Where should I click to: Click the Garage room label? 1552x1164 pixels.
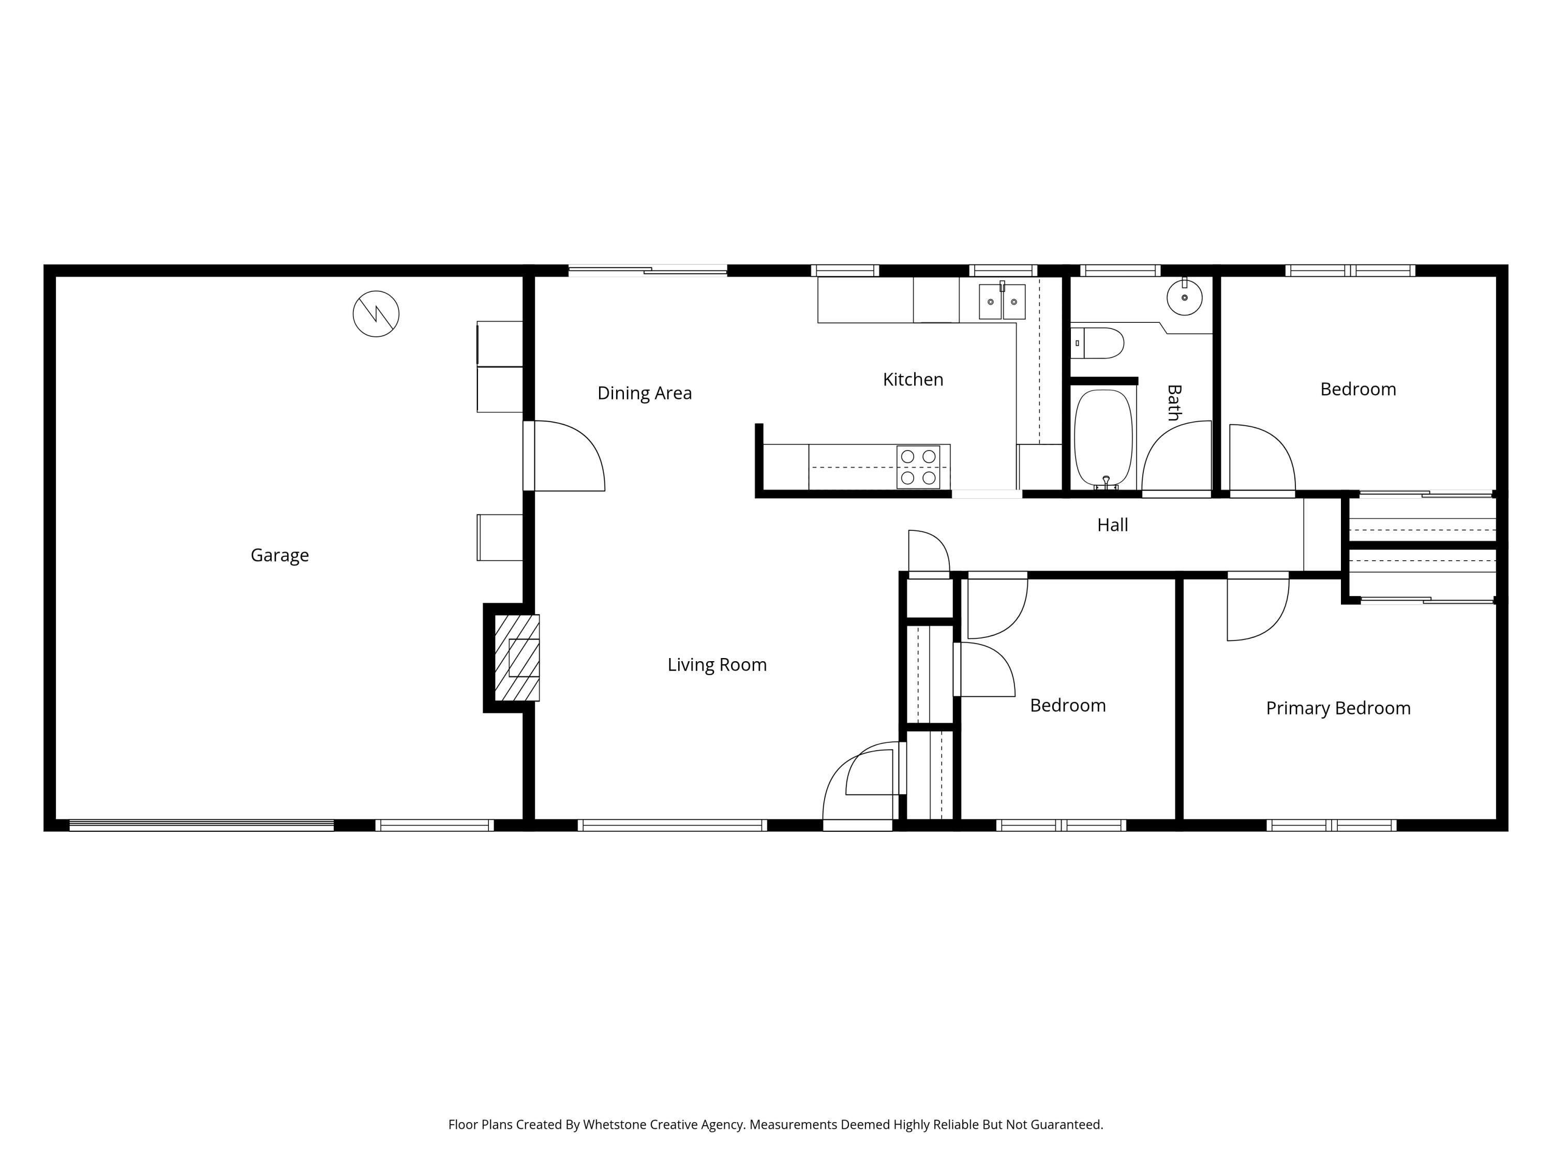click(x=279, y=555)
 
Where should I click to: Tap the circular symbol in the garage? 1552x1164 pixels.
click(x=376, y=314)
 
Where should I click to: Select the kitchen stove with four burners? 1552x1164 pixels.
click(x=918, y=467)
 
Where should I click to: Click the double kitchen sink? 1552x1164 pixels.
click(x=1002, y=302)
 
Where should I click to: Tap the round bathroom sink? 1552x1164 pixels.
click(x=1184, y=297)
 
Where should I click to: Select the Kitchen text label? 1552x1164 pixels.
click(x=913, y=380)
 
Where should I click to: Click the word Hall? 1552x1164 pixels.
click(x=1112, y=525)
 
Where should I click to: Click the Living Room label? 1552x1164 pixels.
click(x=717, y=664)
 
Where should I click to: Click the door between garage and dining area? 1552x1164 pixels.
click(x=561, y=456)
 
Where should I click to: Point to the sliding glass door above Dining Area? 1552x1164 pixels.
click(x=647, y=270)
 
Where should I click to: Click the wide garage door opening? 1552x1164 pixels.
click(x=201, y=825)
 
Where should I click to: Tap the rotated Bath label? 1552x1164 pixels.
click(x=1173, y=402)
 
